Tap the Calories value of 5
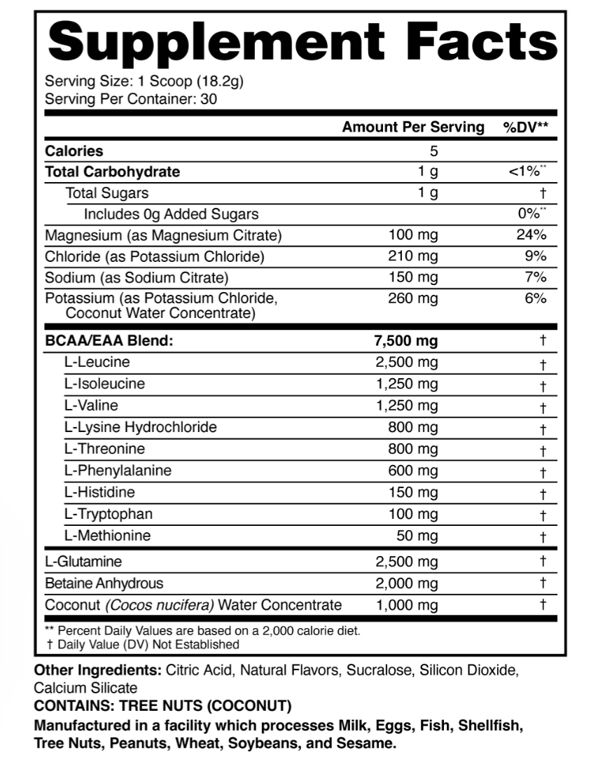click(434, 151)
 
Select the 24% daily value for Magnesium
click(531, 235)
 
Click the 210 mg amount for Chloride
click(413, 256)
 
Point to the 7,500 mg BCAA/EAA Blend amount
click(407, 341)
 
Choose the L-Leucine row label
click(97, 362)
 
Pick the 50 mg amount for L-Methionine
click(418, 536)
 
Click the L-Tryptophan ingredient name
click(108, 514)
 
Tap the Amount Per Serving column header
click(413, 127)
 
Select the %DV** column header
click(526, 127)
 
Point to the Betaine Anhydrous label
click(104, 583)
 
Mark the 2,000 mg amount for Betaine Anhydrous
click(407, 583)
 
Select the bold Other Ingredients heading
click(97, 670)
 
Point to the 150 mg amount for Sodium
click(413, 277)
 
